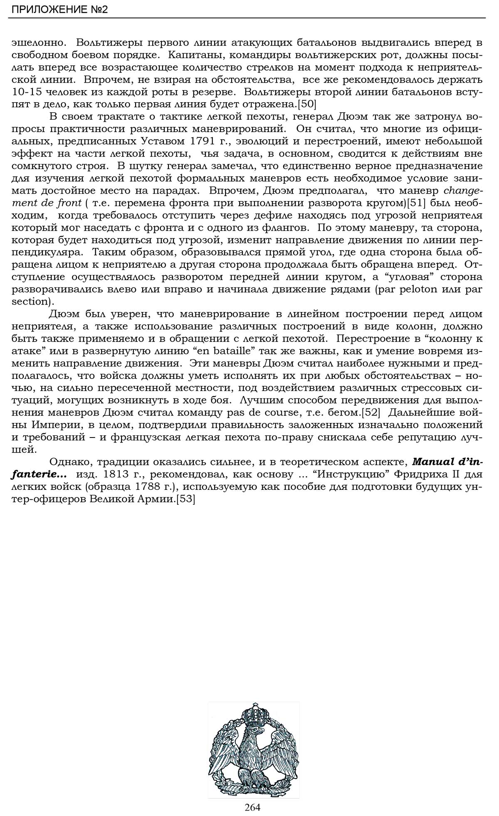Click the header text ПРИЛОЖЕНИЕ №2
point(59,9)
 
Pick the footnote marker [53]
point(185,499)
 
